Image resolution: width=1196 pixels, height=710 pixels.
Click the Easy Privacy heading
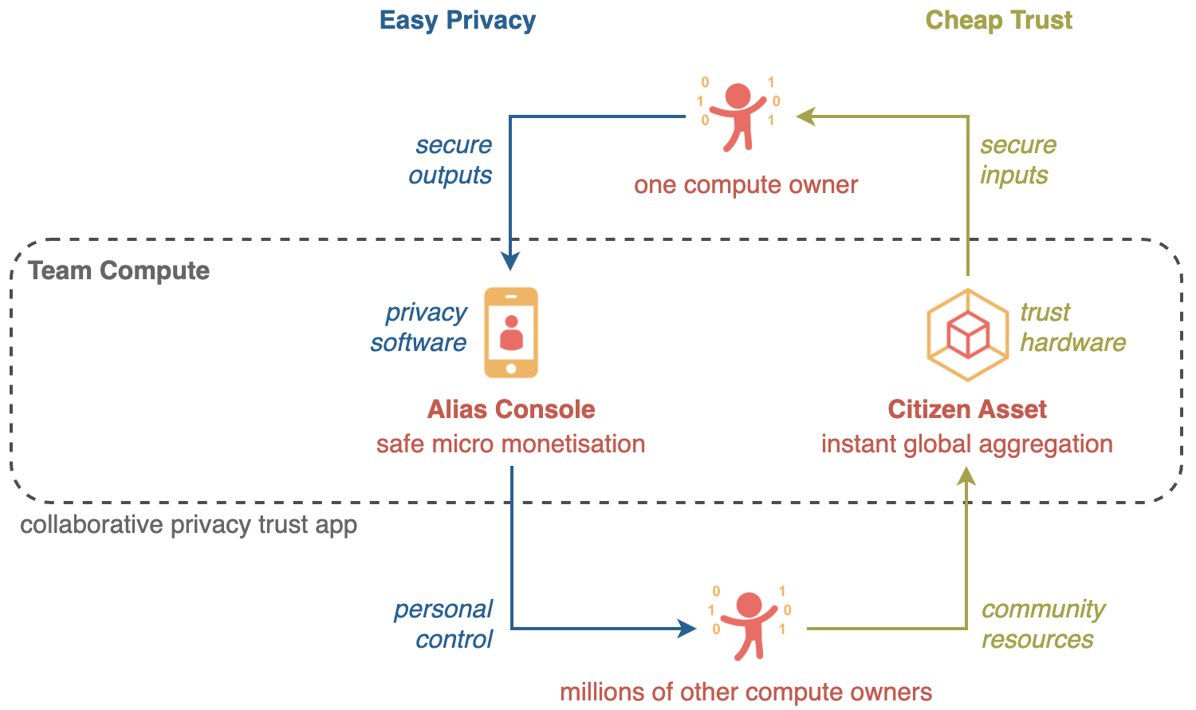tap(457, 20)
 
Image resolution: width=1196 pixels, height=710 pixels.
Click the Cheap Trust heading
tap(998, 20)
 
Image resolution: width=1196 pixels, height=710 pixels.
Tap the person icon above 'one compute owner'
tap(739, 116)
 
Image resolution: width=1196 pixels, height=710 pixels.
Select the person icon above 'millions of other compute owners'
tap(749, 624)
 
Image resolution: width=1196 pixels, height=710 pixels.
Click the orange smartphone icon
tap(511, 333)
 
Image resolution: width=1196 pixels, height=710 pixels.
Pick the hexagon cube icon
tap(967, 334)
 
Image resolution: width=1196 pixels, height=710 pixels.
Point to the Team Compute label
tap(119, 270)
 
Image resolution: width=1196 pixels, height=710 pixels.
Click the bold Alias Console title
tap(511, 409)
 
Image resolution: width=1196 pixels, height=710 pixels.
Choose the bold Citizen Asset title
tap(967, 409)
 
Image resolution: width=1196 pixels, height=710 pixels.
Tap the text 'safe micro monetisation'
tap(510, 444)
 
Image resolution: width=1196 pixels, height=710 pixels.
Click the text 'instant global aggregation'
tap(967, 444)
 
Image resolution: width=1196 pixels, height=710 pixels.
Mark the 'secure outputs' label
tap(451, 160)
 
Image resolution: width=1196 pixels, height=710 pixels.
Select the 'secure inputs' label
tap(1017, 160)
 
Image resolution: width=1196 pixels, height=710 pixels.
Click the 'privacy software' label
tap(419, 327)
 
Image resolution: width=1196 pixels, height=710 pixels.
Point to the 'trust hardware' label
tap(1072, 327)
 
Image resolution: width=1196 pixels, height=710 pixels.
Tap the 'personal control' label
tap(444, 624)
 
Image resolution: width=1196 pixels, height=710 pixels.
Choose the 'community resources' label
tap(1042, 624)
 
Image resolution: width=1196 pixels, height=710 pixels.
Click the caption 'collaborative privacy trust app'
tap(188, 525)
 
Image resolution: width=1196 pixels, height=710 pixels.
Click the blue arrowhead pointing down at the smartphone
tap(510, 261)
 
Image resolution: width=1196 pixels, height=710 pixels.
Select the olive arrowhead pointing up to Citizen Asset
tap(967, 476)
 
